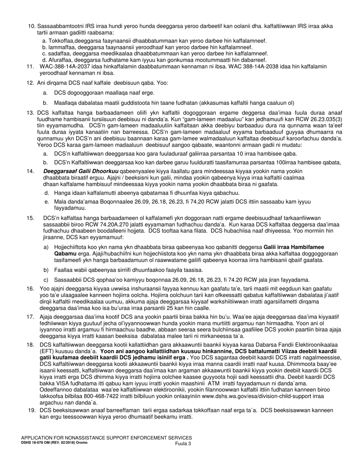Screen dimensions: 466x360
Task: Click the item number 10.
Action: (32, 26)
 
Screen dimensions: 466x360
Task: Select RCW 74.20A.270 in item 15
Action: (91, 224)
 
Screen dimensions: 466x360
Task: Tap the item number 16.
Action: (30, 289)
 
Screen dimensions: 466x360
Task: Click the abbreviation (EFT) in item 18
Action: (46, 352)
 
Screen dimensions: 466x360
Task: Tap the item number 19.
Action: (32, 410)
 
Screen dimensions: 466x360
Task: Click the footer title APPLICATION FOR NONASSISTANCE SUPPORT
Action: (106, 438)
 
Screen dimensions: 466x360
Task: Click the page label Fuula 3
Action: (183, 443)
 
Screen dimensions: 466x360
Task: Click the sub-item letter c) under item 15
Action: (46, 280)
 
